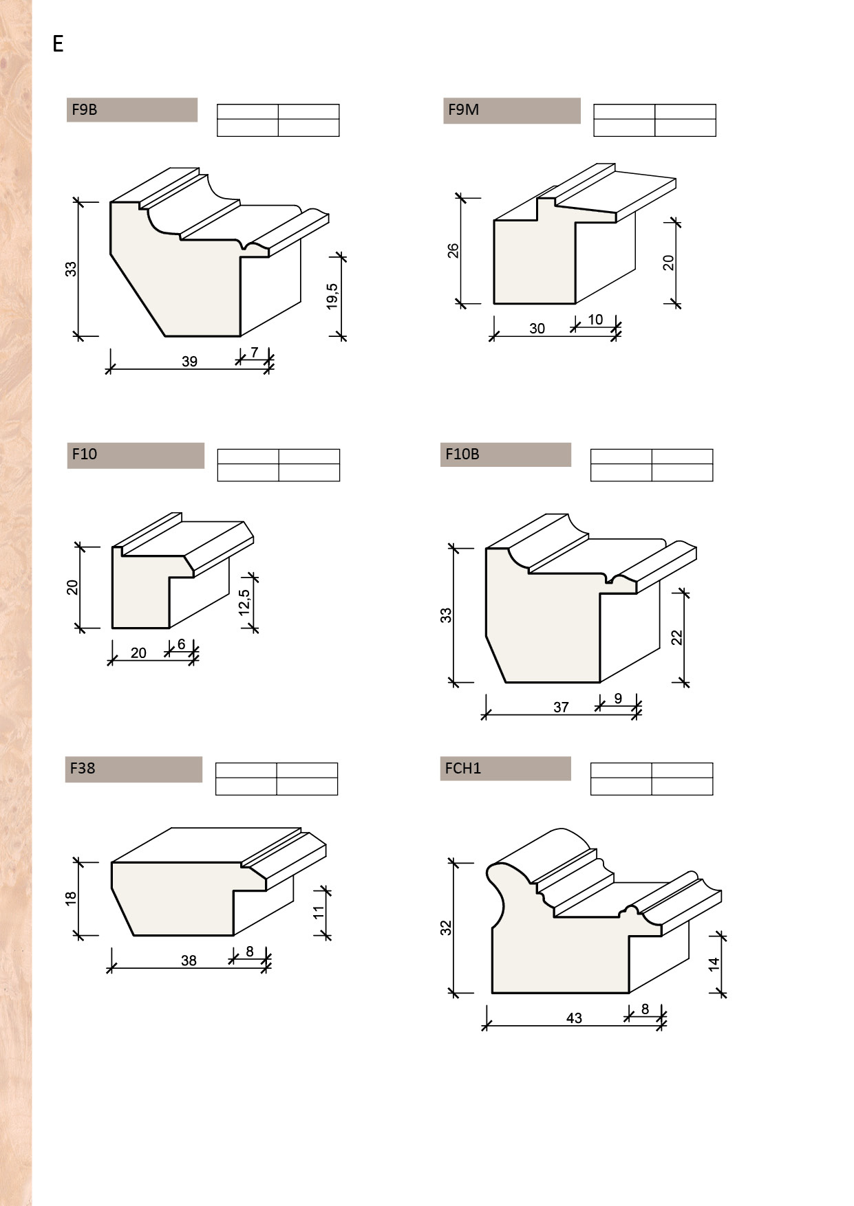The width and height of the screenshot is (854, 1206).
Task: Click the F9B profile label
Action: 85,109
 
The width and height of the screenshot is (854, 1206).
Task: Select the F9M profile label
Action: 463,109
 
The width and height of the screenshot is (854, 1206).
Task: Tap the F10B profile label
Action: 462,454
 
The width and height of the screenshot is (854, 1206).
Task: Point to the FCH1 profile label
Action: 462,768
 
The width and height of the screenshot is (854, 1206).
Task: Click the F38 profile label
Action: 83,768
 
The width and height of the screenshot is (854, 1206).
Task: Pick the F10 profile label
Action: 85,454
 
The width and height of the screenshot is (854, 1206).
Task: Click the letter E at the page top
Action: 58,44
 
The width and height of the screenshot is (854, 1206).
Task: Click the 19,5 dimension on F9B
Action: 332,296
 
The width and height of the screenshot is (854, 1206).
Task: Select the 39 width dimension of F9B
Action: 189,361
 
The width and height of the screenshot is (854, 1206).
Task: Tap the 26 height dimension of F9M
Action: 453,250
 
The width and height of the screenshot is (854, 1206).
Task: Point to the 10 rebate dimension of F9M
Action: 595,320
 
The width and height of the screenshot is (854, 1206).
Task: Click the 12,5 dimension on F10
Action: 244,602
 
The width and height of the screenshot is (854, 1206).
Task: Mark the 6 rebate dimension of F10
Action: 181,644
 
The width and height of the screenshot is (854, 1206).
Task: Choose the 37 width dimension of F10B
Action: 561,707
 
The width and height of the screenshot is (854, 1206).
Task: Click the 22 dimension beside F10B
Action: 676,637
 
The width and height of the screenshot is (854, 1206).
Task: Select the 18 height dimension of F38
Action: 70,898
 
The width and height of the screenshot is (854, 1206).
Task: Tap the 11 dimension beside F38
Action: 318,912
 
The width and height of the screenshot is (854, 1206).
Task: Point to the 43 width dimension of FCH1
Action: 574,1018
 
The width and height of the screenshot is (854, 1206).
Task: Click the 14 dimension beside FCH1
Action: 714,964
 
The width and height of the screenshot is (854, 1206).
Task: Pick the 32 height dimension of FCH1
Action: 446,928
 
